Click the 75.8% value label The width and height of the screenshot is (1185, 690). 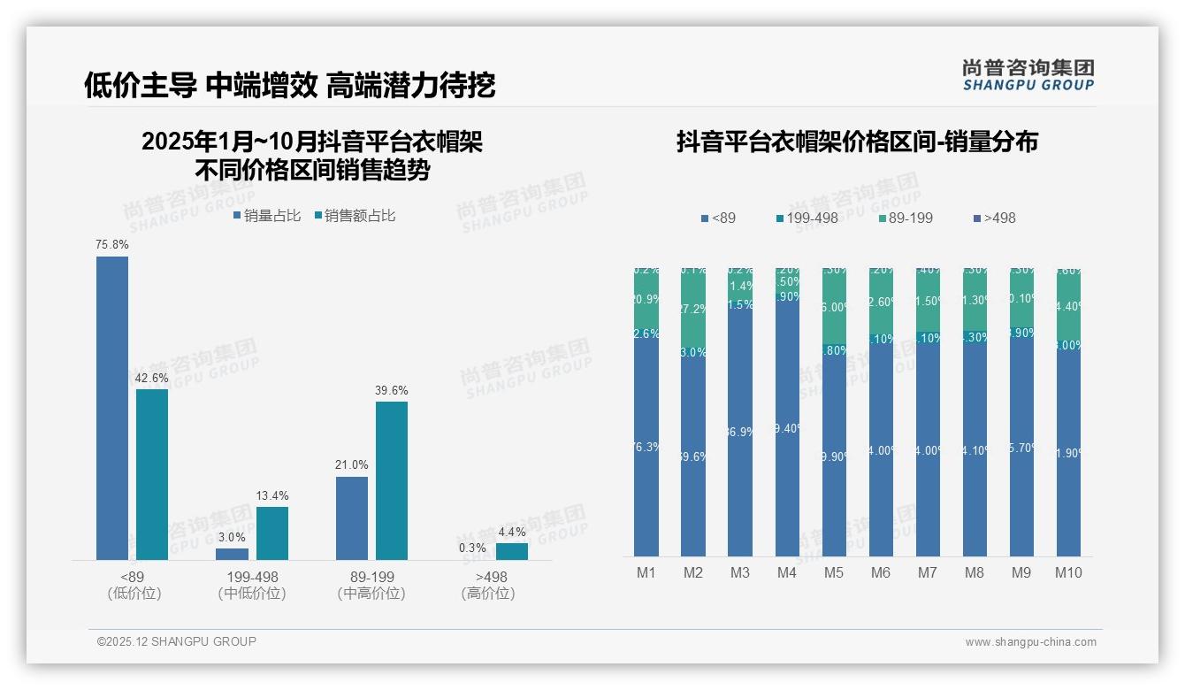click(112, 244)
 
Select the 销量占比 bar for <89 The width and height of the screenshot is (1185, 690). click(112, 408)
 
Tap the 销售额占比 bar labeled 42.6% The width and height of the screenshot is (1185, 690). click(152, 474)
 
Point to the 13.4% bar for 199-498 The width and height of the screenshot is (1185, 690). click(272, 533)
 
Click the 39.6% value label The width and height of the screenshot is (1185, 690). click(392, 390)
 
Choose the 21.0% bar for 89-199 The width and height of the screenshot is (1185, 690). click(352, 517)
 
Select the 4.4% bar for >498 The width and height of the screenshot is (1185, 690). click(512, 551)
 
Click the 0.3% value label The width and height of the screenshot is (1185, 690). click(472, 548)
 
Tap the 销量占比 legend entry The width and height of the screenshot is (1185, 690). click(268, 215)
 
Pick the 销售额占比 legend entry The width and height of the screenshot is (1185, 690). click(355, 215)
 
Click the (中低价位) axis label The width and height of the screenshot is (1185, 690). click(252, 594)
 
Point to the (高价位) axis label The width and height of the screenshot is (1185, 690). click(488, 594)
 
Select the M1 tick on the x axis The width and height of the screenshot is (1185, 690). click(646, 572)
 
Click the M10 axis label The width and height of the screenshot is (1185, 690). click(1068, 572)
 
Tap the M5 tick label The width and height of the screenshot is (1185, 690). click(834, 572)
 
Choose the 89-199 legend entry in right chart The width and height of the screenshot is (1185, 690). click(906, 218)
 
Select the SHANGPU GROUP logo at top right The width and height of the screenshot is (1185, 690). click(1028, 75)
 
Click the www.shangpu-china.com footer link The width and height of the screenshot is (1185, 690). click(1030, 642)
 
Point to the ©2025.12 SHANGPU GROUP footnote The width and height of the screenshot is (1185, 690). click(177, 641)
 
